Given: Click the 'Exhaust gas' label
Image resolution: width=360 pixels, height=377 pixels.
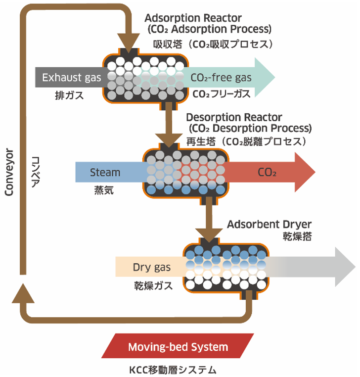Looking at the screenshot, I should click(x=71, y=78).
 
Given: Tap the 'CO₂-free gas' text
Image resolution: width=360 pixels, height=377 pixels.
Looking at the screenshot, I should click(x=221, y=78).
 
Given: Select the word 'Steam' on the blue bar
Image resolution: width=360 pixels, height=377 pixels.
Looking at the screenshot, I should click(x=105, y=173).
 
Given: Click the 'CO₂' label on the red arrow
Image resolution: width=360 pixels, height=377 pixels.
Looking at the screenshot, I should click(x=267, y=173).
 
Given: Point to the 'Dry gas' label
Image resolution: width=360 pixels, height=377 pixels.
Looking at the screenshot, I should click(x=151, y=268).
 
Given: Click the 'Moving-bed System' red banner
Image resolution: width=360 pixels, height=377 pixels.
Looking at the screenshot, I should click(x=178, y=347).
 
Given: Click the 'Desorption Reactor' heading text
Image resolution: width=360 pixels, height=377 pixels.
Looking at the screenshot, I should click(x=234, y=118).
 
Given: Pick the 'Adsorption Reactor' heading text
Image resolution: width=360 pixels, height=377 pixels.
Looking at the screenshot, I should click(x=193, y=18).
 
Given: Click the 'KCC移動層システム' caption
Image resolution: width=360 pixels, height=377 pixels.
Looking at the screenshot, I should click(x=173, y=369).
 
